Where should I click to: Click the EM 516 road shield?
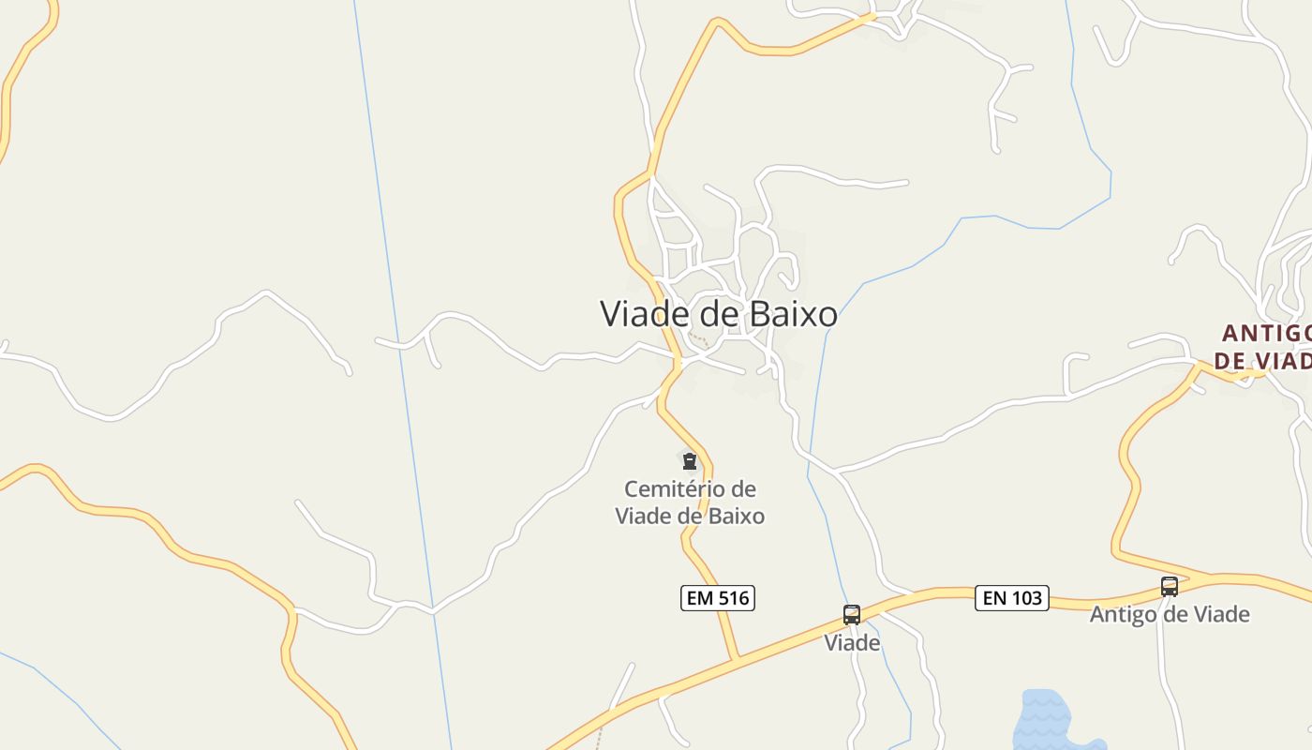717,598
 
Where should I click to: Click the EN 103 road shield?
1011,598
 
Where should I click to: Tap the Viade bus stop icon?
851,615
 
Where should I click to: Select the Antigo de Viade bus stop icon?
1169,587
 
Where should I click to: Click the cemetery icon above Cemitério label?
690,461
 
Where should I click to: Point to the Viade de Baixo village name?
718,314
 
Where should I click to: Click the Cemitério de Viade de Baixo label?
690,502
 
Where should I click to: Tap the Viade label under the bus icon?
852,643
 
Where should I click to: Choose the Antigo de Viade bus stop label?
1169,615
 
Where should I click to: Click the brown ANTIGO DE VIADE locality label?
1264,347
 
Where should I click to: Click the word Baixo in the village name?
793,314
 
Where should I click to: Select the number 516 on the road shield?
732,598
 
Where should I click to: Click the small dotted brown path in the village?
698,337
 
